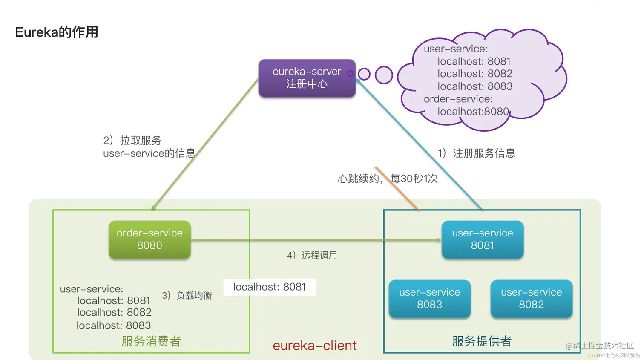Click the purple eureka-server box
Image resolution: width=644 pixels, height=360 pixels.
point(307,78)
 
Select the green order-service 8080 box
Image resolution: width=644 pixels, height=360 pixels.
point(149,239)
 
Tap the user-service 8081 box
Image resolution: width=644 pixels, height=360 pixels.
point(482,239)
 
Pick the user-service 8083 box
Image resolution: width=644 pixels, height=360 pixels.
point(429,299)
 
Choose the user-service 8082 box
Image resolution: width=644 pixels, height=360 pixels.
point(531,299)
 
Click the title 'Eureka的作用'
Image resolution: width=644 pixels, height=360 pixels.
point(57,32)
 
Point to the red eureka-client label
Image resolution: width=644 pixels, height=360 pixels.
point(315,345)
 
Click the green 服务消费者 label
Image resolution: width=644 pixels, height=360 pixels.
point(151,341)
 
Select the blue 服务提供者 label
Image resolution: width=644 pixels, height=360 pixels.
point(482,341)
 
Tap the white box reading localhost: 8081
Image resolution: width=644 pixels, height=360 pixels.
point(269,287)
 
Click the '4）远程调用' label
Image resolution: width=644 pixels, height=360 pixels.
point(312,255)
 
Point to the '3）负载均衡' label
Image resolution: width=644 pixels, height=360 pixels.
point(187,295)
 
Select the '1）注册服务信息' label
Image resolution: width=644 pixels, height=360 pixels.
point(476,153)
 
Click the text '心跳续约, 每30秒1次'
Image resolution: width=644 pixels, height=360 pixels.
point(387,179)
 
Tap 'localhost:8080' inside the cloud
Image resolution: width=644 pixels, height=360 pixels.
point(473,112)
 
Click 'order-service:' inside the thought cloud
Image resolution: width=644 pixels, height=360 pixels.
point(458,99)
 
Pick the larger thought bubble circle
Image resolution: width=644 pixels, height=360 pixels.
point(384,75)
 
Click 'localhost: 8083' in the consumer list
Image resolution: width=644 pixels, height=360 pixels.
point(114,325)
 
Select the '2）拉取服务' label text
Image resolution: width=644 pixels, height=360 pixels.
point(132,140)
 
